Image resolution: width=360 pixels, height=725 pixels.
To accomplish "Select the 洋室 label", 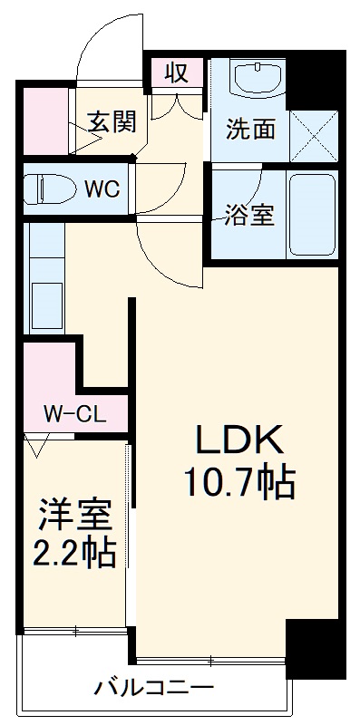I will point(75,515).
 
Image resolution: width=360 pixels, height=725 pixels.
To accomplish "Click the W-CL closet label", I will point(75,414).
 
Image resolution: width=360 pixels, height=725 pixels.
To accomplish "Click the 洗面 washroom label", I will point(250,130).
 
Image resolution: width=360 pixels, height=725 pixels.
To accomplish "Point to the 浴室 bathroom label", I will point(250,217).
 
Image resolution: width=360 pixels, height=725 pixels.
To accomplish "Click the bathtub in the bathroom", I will point(311,216).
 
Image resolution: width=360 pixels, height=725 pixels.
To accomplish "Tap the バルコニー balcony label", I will point(154,688).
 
